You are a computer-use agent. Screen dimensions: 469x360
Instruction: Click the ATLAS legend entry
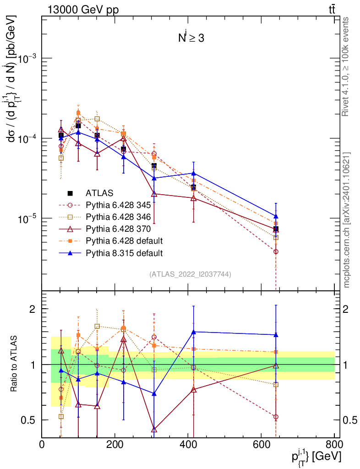click(x=99, y=193)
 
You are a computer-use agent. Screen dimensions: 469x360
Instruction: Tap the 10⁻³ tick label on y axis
click(x=28, y=59)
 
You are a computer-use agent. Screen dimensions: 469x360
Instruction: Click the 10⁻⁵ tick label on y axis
click(x=28, y=218)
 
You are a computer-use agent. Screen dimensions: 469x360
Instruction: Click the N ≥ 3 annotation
click(x=191, y=38)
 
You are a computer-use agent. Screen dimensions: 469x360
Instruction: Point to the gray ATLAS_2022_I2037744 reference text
click(x=190, y=274)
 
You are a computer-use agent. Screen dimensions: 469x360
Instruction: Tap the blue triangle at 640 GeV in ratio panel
click(x=276, y=335)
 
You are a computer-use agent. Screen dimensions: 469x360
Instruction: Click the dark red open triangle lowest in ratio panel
click(x=154, y=429)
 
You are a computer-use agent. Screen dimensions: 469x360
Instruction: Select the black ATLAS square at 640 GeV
click(x=276, y=229)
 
